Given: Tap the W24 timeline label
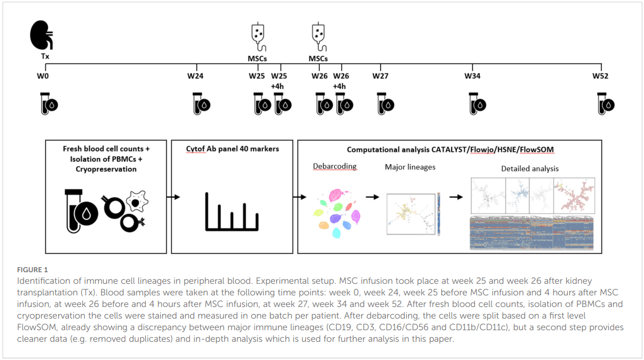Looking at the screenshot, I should (x=196, y=76).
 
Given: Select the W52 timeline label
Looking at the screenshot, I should (x=601, y=76).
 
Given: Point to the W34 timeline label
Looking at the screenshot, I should (x=472, y=76).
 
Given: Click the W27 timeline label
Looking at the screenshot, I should (x=380, y=76).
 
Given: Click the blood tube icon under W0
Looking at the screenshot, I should (x=49, y=103).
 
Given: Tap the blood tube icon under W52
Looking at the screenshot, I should (x=606, y=103).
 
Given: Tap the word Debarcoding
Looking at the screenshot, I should (x=335, y=166).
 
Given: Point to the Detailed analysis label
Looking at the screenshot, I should (x=530, y=168).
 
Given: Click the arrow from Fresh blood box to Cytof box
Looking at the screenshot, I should (x=173, y=196).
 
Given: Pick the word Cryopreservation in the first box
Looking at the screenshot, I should (x=105, y=169).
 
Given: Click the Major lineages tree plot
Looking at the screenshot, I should (x=410, y=214).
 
